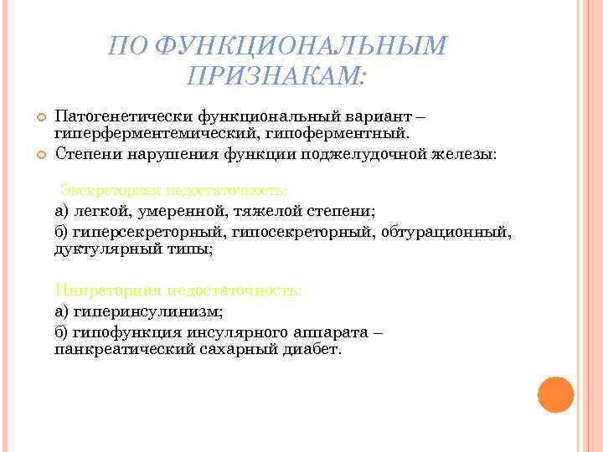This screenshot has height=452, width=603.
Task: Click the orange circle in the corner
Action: [554, 394]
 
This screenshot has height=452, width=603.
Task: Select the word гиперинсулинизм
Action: [147, 311]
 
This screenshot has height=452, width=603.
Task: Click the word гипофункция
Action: [121, 331]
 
